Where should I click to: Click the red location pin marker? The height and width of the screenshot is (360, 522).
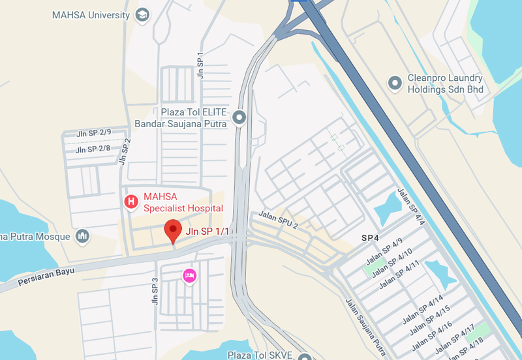click(x=172, y=231)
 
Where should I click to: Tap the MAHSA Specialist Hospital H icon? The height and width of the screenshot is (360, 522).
click(x=131, y=202)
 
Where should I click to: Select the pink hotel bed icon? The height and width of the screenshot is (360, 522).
click(x=189, y=276)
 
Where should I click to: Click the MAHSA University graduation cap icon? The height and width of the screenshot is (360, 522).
click(x=143, y=14)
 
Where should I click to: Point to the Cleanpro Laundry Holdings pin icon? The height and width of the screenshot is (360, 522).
click(x=395, y=83)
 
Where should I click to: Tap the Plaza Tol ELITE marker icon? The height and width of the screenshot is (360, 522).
click(x=239, y=117)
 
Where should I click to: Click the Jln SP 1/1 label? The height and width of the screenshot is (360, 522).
click(x=207, y=231)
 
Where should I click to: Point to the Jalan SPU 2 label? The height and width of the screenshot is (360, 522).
click(x=278, y=220)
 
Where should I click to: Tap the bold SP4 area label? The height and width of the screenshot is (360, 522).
click(x=371, y=239)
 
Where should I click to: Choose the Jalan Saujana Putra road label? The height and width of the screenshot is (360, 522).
click(x=363, y=323)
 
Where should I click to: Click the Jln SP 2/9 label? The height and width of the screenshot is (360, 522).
click(x=93, y=134)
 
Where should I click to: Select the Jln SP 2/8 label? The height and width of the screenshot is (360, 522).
click(x=93, y=149)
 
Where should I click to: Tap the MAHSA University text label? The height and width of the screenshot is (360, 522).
click(x=91, y=14)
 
